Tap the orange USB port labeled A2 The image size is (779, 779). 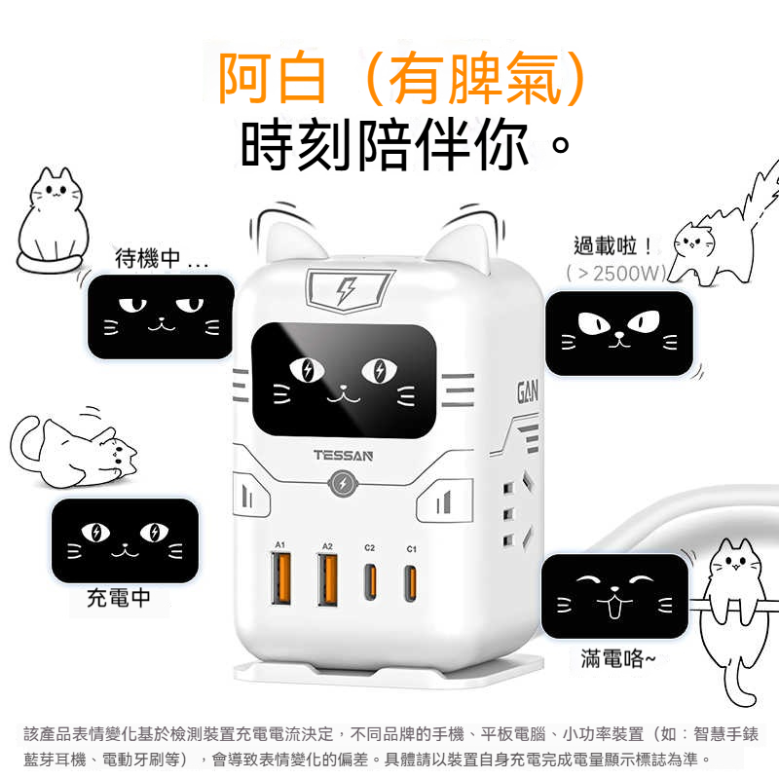click(327, 579)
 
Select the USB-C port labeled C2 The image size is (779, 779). click(370, 581)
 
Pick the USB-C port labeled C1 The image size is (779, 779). click(410, 582)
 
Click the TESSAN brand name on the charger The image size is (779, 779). click(343, 455)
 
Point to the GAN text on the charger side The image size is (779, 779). click(527, 392)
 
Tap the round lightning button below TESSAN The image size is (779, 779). click(343, 483)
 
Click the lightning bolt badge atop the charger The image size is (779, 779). click(349, 290)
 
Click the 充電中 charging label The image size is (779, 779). click(118, 598)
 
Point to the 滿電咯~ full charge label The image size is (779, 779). click(618, 659)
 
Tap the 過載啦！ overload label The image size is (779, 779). click(612, 246)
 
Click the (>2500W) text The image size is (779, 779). click(616, 274)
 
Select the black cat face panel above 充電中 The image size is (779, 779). click(126, 540)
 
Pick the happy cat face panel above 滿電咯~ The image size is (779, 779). click(614, 596)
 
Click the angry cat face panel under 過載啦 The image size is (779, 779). click(619, 333)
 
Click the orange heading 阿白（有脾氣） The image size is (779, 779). click(403, 79)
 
